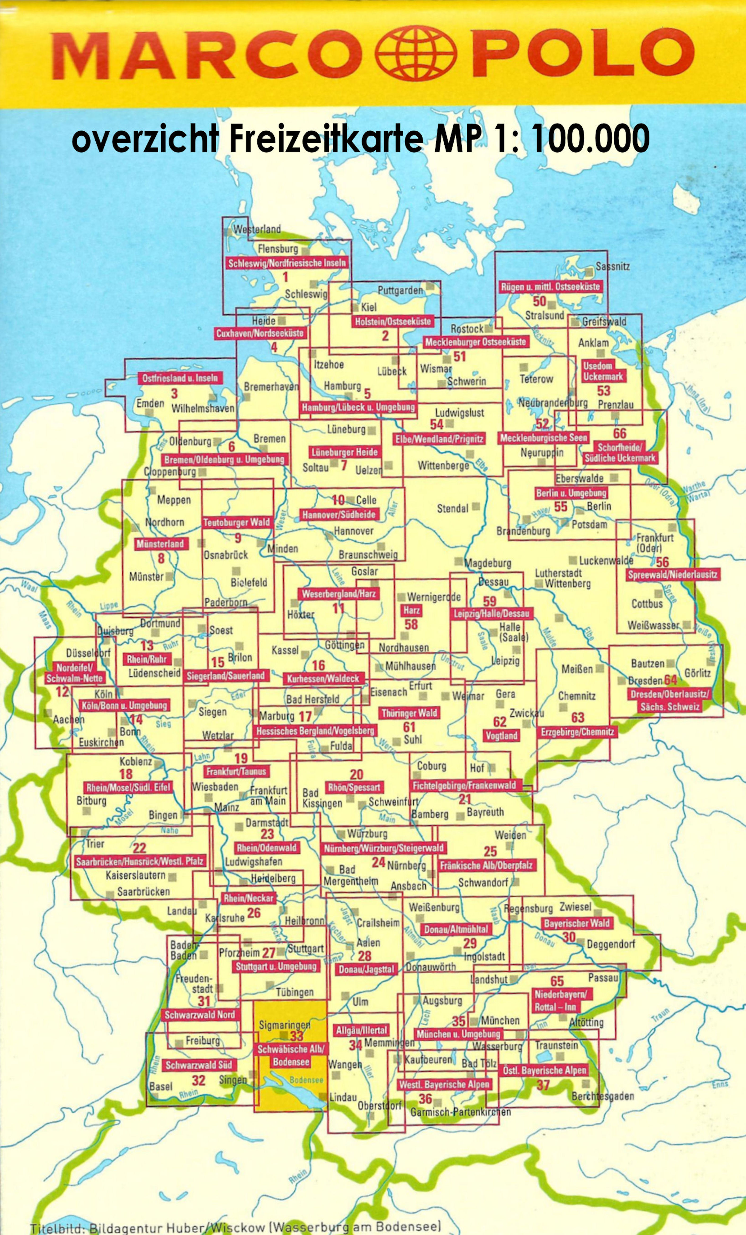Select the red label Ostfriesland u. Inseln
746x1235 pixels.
click(x=180, y=378)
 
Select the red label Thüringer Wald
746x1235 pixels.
click(x=409, y=713)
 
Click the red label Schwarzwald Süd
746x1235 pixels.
click(x=198, y=1065)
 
